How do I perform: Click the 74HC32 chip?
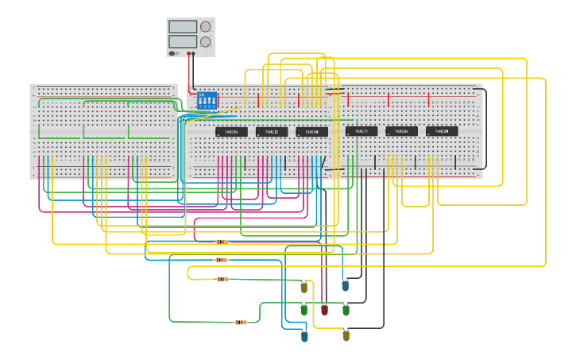point(272,132)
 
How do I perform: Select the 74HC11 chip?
point(361,131)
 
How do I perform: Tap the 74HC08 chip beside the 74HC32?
point(311,132)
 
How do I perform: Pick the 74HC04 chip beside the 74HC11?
point(401,131)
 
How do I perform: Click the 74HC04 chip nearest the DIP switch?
point(231,132)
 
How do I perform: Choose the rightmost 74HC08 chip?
point(442,131)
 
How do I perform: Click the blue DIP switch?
point(207,100)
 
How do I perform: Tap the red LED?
point(324,309)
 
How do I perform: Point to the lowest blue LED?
point(304,336)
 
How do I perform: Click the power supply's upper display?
point(183,27)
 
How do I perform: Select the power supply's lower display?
point(183,41)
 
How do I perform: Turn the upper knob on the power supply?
point(206,26)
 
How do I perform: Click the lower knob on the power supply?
point(206,41)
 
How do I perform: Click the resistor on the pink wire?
point(222,242)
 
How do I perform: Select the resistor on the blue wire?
point(221,260)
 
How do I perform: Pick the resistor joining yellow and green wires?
point(222,279)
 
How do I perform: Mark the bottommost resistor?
point(241,322)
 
